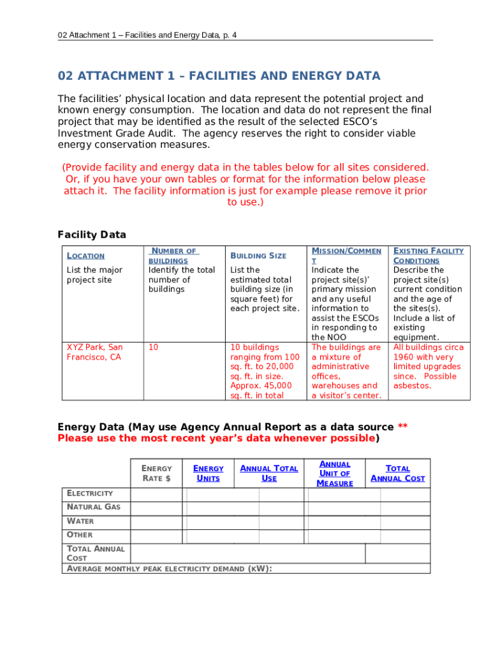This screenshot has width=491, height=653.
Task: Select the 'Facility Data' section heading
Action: [x=92, y=235]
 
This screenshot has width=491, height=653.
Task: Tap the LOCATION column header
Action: [x=85, y=256]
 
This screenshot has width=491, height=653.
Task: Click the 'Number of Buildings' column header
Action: [x=173, y=256]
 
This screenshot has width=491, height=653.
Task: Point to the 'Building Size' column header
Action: [x=258, y=256]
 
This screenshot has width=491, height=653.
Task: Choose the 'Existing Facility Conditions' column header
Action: [x=428, y=256]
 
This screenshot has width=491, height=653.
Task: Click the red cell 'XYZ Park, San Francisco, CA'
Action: [x=94, y=352]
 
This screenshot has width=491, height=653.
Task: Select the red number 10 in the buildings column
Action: [x=153, y=348]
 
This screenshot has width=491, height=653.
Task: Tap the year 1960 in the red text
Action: [x=404, y=357]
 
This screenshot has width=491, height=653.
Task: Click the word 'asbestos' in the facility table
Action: [x=412, y=386]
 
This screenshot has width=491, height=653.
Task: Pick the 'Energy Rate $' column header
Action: [x=156, y=473]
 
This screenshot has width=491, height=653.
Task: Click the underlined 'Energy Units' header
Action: [x=208, y=473]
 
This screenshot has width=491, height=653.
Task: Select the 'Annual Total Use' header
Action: [x=268, y=473]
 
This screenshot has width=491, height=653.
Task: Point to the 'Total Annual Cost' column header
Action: [x=397, y=473]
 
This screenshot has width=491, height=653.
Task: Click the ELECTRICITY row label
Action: [x=90, y=494]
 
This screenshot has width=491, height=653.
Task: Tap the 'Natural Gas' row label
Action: [x=93, y=507]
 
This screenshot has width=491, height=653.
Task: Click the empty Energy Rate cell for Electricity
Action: [x=156, y=495]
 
